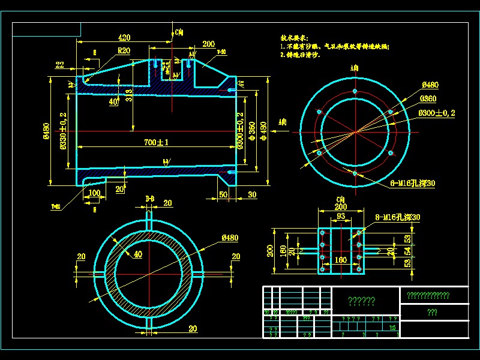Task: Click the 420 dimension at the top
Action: click(124, 37)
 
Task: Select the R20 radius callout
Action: click(124, 50)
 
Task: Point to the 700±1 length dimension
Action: click(156, 142)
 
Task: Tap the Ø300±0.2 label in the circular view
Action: click(437, 113)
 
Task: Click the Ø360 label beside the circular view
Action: click(428, 98)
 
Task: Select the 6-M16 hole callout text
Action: click(413, 182)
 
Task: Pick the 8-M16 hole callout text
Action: click(398, 217)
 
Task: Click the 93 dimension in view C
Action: click(340, 215)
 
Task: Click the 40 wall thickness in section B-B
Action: click(138, 254)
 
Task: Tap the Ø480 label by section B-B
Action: click(230, 238)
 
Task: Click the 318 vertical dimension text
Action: click(130, 94)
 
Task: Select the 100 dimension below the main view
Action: click(94, 193)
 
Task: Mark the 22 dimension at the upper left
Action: click(60, 65)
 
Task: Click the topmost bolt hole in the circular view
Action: click(355, 91)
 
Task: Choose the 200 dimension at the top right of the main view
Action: click(208, 44)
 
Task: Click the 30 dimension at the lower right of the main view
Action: click(252, 194)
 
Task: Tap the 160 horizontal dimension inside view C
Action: click(340, 260)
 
